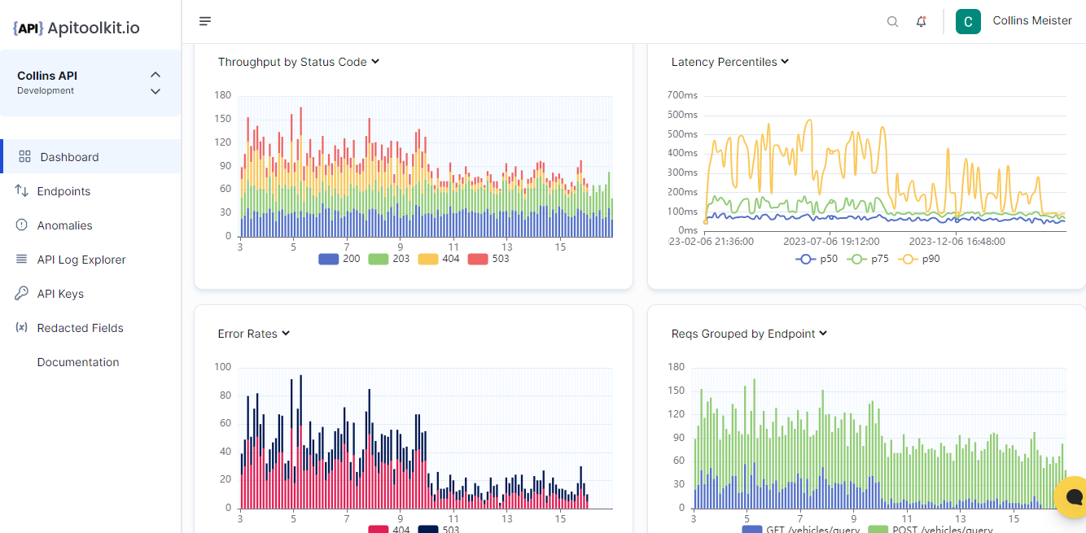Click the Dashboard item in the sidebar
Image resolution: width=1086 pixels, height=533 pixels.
click(69, 157)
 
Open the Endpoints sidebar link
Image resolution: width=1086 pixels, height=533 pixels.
click(63, 191)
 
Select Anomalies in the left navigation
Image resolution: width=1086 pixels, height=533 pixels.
click(64, 225)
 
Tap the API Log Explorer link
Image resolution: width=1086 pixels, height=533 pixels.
click(81, 260)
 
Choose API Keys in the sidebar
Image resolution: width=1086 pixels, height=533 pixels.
click(60, 294)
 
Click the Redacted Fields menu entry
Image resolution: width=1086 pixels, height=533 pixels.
click(80, 328)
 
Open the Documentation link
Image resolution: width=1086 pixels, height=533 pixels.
click(78, 362)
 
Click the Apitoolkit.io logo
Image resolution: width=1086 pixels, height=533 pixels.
click(77, 28)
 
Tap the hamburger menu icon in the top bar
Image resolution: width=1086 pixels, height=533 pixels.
click(205, 21)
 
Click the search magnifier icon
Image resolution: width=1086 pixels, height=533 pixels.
click(892, 22)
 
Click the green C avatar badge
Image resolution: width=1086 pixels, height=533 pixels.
click(968, 22)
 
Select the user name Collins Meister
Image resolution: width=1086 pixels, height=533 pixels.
click(1032, 21)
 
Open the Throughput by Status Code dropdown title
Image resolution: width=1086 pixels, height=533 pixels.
click(299, 62)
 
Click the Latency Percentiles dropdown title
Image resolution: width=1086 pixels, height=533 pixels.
click(729, 62)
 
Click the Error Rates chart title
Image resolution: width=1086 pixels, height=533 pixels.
click(254, 334)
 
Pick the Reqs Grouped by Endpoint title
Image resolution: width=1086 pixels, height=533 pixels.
click(749, 334)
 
